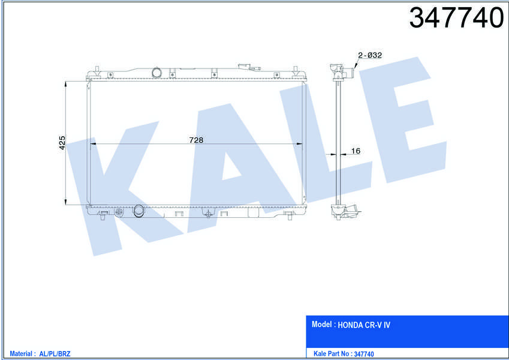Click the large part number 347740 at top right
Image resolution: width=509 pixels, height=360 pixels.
pos(456,18)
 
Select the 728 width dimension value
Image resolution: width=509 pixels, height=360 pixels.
pos(196,140)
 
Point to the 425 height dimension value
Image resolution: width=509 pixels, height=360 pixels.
pos(62,143)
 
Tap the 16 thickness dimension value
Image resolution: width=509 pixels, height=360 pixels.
pos(355,151)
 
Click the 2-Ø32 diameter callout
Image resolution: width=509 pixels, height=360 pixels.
pos(370,55)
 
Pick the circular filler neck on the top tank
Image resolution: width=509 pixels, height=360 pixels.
pos(156,73)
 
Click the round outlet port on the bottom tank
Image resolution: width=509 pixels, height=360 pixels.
pos(138,211)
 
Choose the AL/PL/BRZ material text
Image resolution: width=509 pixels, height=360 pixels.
pos(55,354)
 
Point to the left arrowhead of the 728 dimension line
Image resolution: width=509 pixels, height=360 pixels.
pos(92,144)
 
